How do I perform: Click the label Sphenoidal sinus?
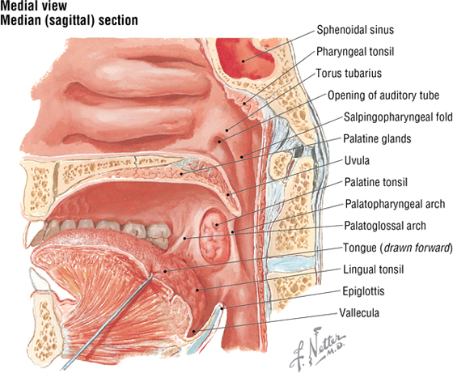point(355,30)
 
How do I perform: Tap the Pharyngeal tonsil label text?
point(355,52)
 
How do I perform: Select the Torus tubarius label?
point(349,73)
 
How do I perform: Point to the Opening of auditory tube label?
point(383,95)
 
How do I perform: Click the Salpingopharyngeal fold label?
point(398,117)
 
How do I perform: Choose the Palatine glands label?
point(377,138)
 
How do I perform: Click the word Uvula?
point(357,160)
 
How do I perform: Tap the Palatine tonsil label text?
point(376,182)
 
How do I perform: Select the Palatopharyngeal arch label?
point(395,204)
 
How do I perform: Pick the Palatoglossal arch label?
point(385,226)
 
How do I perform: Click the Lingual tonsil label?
point(373,269)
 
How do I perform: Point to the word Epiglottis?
point(363,291)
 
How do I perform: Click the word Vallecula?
point(359,313)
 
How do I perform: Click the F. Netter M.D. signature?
point(317,349)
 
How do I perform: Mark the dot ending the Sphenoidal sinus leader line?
point(243,61)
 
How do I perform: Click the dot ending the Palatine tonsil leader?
point(217,224)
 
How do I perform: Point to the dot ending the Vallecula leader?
point(194,331)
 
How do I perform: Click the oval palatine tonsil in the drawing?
point(214,235)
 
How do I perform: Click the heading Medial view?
point(34,6)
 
